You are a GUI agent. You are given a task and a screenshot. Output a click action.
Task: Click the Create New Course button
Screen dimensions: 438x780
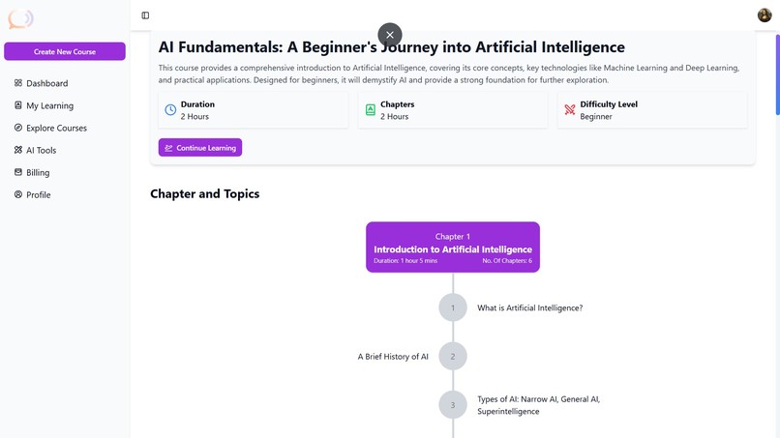point(65,51)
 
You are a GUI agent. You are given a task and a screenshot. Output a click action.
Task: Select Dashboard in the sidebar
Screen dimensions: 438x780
point(46,83)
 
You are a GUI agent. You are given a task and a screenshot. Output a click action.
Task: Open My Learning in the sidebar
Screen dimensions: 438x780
point(49,105)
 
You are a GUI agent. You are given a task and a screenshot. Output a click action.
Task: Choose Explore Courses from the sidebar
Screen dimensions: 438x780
point(56,128)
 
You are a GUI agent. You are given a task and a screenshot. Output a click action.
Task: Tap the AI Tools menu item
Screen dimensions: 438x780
point(41,150)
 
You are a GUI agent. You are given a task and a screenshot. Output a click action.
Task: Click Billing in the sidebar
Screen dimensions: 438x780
point(38,172)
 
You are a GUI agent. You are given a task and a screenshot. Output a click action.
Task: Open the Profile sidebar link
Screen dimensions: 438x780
point(38,194)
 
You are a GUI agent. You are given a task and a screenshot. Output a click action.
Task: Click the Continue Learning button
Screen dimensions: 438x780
point(200,148)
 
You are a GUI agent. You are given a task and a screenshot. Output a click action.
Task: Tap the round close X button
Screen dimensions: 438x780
point(390,35)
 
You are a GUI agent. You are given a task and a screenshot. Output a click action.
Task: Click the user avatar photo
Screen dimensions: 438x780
point(765,15)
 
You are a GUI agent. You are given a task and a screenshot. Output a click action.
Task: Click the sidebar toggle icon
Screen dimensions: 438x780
point(145,15)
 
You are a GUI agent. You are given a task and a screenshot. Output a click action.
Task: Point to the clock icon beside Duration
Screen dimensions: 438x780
point(170,110)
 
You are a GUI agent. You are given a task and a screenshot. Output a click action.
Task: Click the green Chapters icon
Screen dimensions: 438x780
point(370,110)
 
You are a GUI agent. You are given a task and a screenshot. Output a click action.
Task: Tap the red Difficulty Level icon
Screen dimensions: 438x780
point(570,110)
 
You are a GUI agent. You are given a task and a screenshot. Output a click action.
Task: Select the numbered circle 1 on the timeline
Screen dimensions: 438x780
point(453,307)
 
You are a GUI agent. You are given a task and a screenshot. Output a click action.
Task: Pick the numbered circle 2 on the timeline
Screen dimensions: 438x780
point(453,356)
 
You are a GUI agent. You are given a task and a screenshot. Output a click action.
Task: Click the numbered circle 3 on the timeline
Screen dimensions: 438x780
point(453,404)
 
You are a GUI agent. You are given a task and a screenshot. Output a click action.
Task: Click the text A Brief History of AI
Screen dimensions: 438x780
point(393,357)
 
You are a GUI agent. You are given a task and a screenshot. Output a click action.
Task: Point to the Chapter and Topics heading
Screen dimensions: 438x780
point(204,193)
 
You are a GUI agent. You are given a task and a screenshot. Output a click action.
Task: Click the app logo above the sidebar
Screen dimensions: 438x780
point(20,18)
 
